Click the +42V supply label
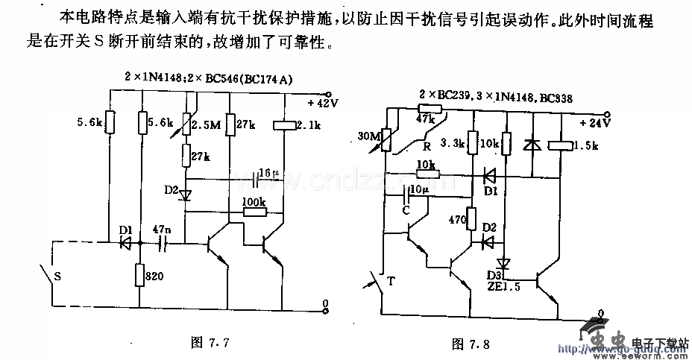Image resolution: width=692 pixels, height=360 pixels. pos(323,103)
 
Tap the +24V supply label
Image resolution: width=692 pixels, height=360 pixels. pos(596,122)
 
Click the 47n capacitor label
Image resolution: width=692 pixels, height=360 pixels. pos(161,230)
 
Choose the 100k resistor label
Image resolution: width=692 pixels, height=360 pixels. pos(255,202)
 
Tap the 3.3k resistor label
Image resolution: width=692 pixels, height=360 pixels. pos(452,142)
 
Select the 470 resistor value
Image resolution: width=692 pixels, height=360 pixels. pos(456,221)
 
